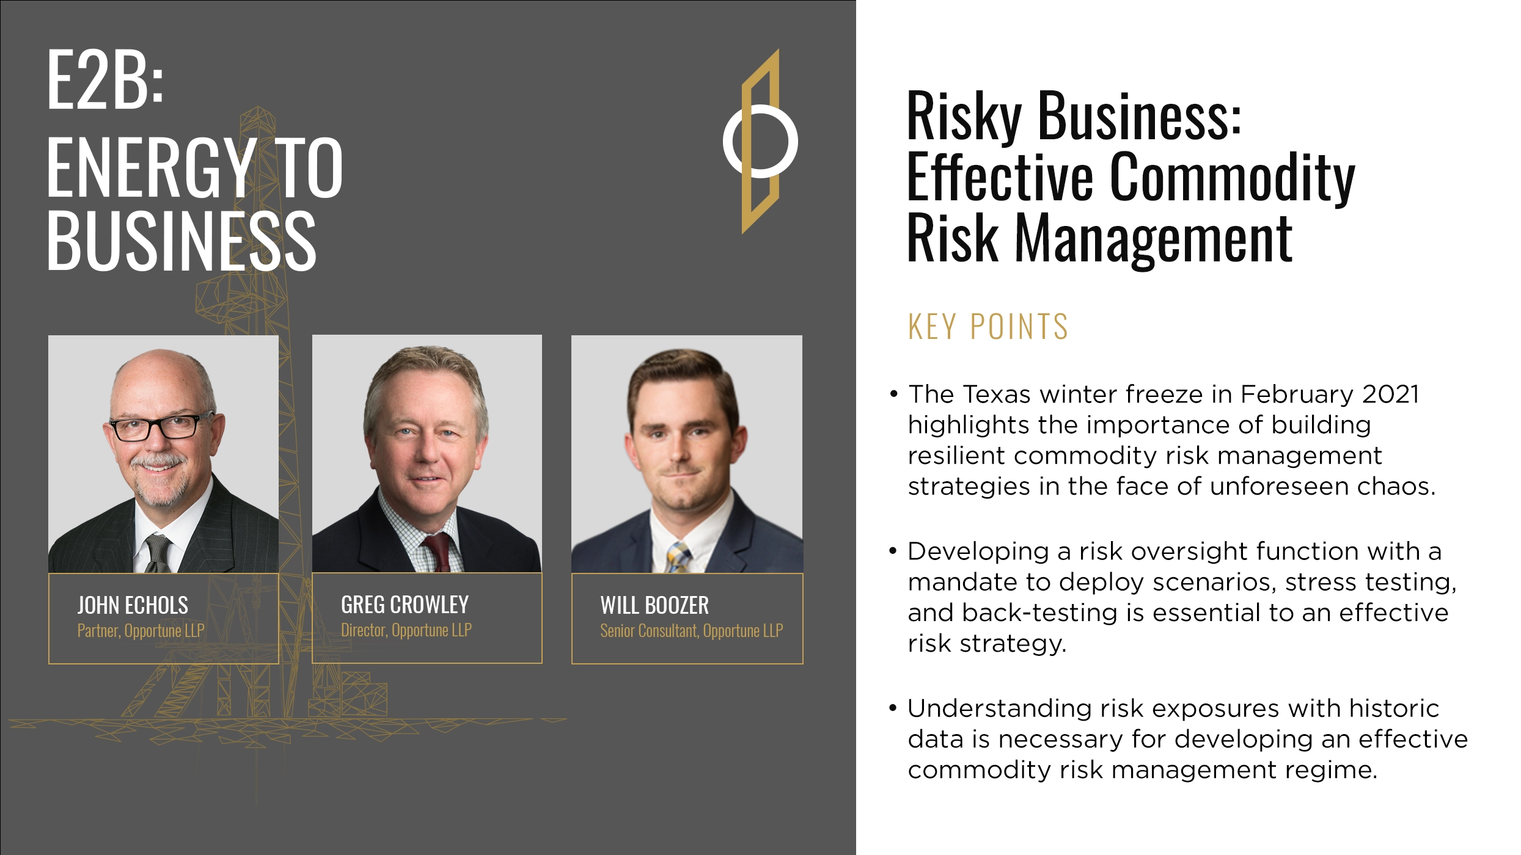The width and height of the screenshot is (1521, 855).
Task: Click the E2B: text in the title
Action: coord(105,81)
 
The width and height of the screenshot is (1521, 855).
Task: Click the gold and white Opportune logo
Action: coord(760,142)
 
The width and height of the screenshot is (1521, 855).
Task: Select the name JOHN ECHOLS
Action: coord(133,605)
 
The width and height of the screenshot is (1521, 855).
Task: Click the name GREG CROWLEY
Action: coord(405,605)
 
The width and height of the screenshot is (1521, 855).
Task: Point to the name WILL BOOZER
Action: coord(654,605)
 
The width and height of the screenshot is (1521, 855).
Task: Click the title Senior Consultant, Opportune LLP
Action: coord(691,631)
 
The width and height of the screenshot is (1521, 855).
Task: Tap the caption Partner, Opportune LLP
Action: coord(141,631)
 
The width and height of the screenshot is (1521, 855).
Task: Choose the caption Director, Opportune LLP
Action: coord(406,630)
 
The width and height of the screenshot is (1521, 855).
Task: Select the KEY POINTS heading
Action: coord(988,327)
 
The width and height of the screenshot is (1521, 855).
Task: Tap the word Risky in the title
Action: coord(964,116)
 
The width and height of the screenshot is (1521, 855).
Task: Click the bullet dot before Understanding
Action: coord(893,708)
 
